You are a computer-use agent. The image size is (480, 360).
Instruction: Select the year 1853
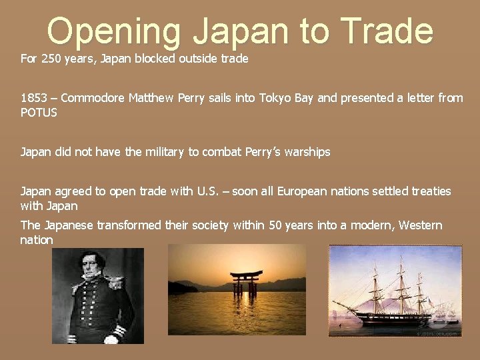34,98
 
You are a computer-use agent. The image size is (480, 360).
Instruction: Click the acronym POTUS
39,112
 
